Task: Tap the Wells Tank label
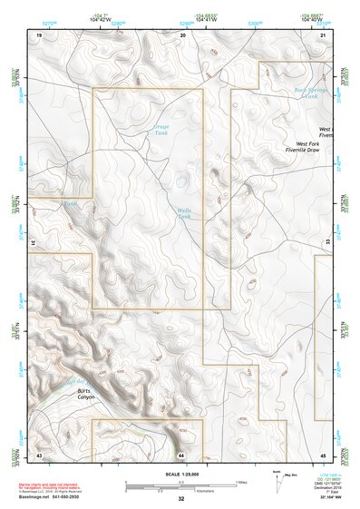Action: coord(184,214)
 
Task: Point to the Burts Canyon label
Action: coord(85,394)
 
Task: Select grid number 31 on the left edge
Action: coord(33,242)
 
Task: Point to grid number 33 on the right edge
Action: coord(327,242)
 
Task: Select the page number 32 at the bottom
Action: coord(181,499)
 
